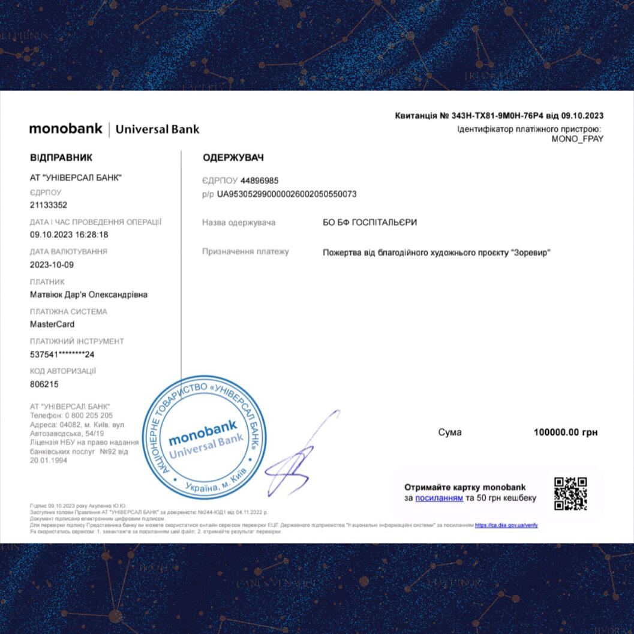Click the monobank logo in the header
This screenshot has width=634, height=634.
66,128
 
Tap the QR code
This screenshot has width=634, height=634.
570,493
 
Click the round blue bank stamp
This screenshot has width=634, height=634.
204,437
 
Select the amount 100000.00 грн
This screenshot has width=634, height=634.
565,432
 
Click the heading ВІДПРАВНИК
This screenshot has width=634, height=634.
61,158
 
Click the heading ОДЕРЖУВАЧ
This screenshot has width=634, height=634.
233,158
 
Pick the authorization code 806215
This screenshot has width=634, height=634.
44,384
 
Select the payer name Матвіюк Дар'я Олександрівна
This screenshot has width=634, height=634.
89,295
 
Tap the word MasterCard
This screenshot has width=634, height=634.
52,324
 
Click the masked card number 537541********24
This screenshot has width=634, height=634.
62,354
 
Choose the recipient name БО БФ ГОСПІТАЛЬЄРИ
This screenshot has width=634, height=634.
369,223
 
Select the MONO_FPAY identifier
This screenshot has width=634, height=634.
577,139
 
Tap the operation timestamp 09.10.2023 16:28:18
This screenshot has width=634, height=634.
69,235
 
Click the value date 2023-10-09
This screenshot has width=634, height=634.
52,265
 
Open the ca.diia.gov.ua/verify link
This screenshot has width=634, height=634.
506,525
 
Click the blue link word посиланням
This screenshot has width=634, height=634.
439,498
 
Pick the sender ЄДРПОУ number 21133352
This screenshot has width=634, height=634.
49,205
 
